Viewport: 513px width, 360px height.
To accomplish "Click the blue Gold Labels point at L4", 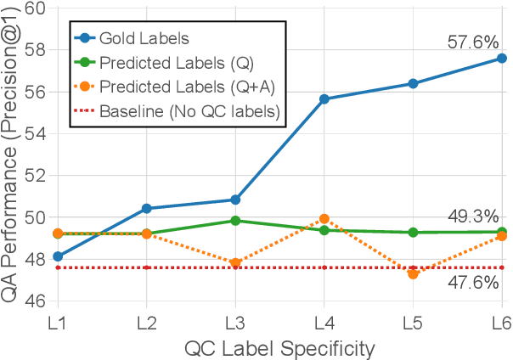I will click(324, 99).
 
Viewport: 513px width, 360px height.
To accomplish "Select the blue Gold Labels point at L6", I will click(501, 59).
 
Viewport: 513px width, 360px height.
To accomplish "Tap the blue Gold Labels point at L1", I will click(58, 256).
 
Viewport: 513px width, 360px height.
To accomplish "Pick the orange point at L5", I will click(413, 273).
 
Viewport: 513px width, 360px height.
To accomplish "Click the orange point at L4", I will click(324, 219).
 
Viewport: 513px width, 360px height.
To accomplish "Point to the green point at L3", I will click(235, 221).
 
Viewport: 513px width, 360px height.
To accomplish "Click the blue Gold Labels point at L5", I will click(413, 83).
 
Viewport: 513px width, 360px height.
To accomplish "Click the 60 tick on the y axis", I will click(35, 9).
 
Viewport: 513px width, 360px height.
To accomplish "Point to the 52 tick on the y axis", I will click(35, 176).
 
